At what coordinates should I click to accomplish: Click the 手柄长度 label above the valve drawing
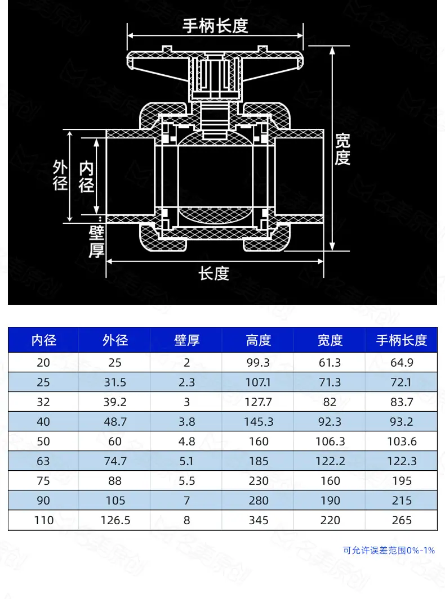[215, 26]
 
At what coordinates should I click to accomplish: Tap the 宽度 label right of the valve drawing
[342, 150]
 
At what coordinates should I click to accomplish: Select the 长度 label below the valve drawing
[214, 274]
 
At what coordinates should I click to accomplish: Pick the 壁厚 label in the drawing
[96, 241]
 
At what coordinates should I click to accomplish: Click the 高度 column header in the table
[259, 340]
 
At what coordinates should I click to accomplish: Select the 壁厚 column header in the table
[187, 340]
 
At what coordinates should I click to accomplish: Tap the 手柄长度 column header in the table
[402, 340]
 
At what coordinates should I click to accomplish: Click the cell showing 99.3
[259, 363]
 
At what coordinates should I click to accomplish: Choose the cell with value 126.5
[115, 520]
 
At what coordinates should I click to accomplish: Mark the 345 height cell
[259, 520]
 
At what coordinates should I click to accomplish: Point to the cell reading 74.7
[115, 461]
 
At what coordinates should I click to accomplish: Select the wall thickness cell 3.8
[187, 422]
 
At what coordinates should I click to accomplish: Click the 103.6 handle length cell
[402, 442]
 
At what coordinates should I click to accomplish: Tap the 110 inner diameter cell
[43, 520]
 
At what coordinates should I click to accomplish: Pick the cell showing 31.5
[115, 382]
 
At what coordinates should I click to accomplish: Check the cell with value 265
[402, 520]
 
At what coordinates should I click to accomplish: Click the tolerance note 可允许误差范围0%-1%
[389, 551]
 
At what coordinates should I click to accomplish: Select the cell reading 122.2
[330, 461]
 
